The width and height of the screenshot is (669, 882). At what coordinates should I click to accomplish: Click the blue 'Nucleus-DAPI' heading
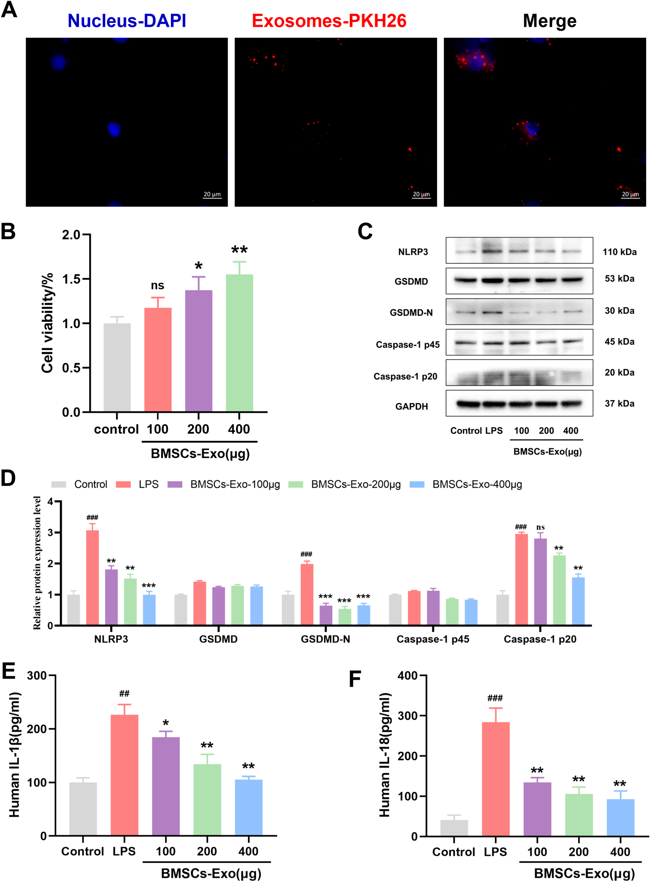pyautogui.click(x=127, y=21)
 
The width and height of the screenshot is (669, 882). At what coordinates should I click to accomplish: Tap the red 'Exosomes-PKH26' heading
pyautogui.click(x=329, y=21)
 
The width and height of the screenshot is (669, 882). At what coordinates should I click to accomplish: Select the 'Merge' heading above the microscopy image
pyautogui.click(x=550, y=21)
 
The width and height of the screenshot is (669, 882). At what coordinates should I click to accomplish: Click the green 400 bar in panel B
pyautogui.click(x=239, y=343)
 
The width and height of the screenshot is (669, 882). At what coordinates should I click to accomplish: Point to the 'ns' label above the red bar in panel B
pyautogui.click(x=158, y=285)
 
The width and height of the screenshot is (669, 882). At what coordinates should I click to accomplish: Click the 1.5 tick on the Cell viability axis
pyautogui.click(x=71, y=279)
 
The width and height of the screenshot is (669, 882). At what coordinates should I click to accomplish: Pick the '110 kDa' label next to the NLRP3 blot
pyautogui.click(x=619, y=252)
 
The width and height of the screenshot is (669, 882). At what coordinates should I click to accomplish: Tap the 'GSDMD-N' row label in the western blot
pyautogui.click(x=411, y=313)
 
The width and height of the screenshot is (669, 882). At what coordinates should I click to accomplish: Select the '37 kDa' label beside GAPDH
pyautogui.click(x=619, y=404)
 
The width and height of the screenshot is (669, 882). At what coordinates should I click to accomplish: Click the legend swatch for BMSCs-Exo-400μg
pyautogui.click(x=417, y=484)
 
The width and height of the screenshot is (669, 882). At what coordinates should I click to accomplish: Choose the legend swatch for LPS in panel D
pyautogui.click(x=123, y=484)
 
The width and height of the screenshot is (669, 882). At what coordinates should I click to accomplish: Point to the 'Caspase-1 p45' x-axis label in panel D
pyautogui.click(x=433, y=639)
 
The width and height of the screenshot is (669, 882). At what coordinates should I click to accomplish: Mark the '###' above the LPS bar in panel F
pyautogui.click(x=495, y=698)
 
